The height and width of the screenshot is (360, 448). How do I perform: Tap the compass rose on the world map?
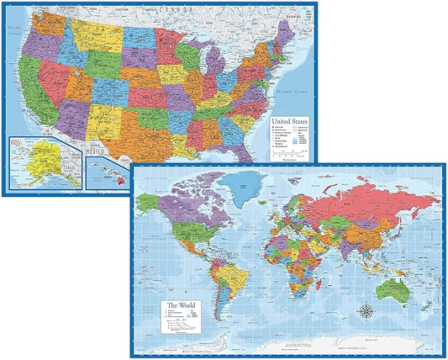(x=367, y=311)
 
